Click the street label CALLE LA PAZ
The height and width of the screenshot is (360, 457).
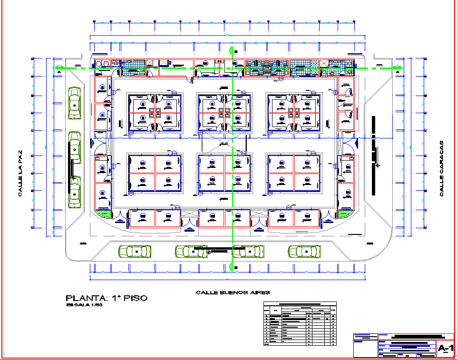(20, 175)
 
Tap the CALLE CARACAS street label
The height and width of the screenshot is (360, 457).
(441, 168)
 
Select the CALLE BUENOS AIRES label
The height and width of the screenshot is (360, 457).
(233, 292)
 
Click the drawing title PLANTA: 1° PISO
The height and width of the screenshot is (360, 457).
(107, 298)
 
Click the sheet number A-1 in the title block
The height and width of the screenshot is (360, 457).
(445, 349)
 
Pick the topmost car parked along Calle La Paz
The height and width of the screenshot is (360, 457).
(75, 103)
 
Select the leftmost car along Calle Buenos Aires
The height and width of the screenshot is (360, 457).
(135, 251)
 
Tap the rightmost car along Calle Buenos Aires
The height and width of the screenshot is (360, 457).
(304, 251)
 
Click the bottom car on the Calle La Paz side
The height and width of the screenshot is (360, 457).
(75, 192)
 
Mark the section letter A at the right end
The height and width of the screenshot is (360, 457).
(398, 72)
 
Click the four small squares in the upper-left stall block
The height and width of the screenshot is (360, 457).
(154, 113)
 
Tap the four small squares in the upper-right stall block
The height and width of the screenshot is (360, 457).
(293, 113)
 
